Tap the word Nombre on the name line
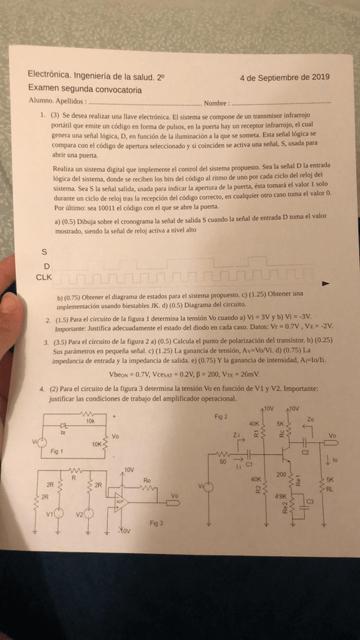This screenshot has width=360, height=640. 216,102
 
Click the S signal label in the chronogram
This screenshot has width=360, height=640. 45,252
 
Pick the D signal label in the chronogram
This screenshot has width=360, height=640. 47,266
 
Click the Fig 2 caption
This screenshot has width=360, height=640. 221,417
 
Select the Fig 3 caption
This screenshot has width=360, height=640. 156,522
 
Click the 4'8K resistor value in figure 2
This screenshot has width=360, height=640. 281,496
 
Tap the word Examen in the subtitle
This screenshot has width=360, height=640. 46,88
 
